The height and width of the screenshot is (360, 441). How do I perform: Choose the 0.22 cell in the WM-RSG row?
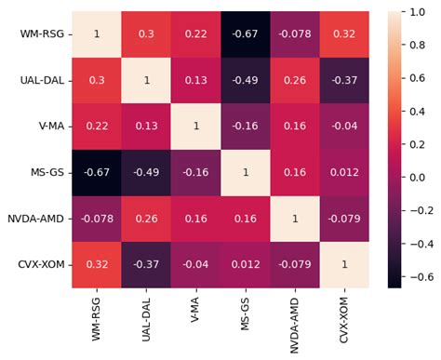click(196, 34)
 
